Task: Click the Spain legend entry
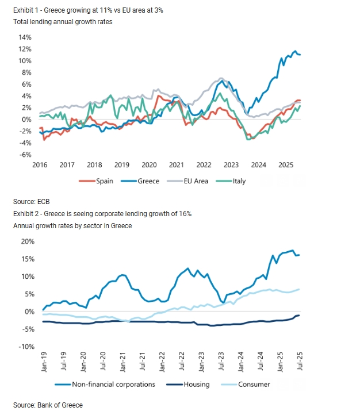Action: pos(96,181)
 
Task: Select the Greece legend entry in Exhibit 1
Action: pos(140,181)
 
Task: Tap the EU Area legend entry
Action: pos(187,181)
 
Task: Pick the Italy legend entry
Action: pos(231,181)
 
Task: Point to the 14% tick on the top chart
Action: pos(25,37)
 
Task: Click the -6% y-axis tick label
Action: pos(25,155)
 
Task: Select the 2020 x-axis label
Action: pos(149,165)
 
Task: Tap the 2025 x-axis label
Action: pos(286,165)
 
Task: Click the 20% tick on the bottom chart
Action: pos(28,241)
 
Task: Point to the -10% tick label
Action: pos(26,347)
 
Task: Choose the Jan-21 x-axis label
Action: pos(122,362)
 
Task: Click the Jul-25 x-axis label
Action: pos(300,361)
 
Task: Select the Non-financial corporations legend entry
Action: pos(105,385)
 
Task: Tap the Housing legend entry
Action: pos(188,385)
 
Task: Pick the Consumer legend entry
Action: pos(246,385)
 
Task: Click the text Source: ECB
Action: pos(32,202)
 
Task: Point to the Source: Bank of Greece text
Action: pos(48,405)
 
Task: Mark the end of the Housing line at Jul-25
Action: pos(299,315)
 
